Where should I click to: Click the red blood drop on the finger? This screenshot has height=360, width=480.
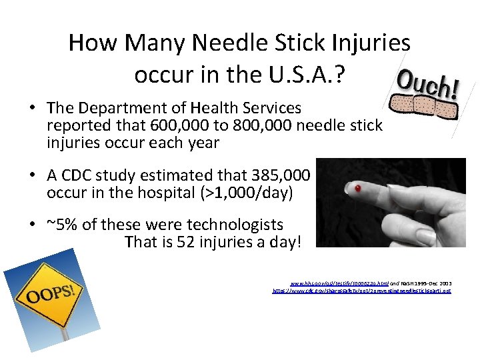(358, 189)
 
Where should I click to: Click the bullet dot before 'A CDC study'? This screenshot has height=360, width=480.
(33, 176)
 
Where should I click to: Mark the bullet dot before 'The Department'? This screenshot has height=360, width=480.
(33, 108)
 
